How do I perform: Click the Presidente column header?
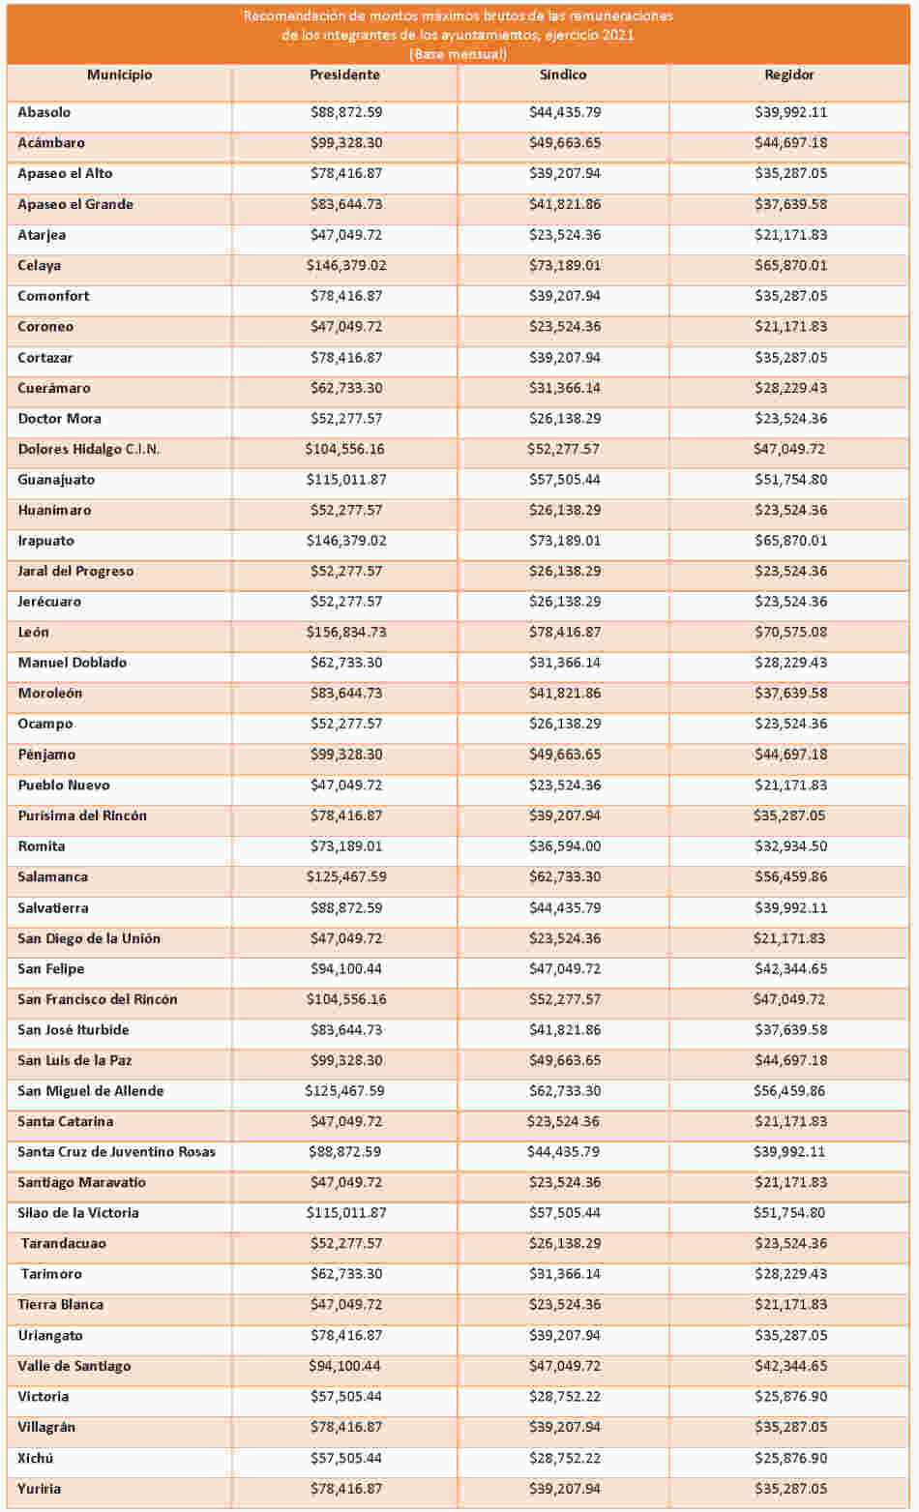click(x=344, y=74)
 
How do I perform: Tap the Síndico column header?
click(x=563, y=74)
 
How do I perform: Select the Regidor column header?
click(x=788, y=74)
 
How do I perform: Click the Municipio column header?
click(x=120, y=74)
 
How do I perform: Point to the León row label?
click(x=33, y=633)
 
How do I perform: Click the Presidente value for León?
click(x=346, y=633)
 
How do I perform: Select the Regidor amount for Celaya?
click(x=790, y=265)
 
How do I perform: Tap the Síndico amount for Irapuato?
click(x=565, y=541)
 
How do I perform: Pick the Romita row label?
click(x=42, y=846)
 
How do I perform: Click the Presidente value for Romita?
click(x=346, y=846)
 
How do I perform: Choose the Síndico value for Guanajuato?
click(x=565, y=480)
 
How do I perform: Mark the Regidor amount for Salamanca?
click(x=790, y=876)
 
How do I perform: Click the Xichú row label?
click(x=35, y=1458)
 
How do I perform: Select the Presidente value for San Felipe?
click(x=346, y=968)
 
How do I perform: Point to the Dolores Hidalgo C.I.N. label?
click(x=89, y=450)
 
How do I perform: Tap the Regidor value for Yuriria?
click(x=790, y=1489)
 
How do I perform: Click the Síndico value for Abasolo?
click(x=565, y=112)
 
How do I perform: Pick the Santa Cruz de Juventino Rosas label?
click(x=116, y=1152)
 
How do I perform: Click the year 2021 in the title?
click(x=618, y=35)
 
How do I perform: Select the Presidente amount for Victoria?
click(x=346, y=1397)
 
